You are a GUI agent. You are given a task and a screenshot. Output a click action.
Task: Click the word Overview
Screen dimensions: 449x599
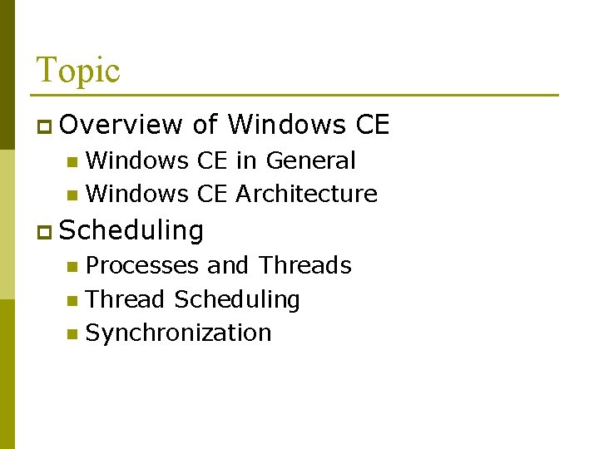[121, 125]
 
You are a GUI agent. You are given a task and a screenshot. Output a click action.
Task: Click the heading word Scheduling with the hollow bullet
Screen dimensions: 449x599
[132, 230]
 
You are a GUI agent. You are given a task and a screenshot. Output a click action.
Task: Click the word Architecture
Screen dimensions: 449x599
[306, 194]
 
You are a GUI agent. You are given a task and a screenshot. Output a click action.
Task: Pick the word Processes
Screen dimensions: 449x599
[142, 265]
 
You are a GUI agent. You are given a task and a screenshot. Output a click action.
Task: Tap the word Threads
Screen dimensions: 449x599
[304, 265]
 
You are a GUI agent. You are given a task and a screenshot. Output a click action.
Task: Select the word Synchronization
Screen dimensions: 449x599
[179, 333]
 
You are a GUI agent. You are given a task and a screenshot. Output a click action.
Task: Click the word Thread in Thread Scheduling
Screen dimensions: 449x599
[126, 299]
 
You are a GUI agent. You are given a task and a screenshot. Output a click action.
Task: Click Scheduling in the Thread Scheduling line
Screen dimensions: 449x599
[237, 299]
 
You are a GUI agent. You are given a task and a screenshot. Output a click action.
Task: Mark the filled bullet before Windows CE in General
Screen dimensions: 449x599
[72, 161]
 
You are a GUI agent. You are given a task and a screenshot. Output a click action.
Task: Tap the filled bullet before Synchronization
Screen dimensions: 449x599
[72, 334]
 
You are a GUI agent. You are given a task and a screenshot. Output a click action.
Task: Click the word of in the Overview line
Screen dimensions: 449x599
[205, 125]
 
